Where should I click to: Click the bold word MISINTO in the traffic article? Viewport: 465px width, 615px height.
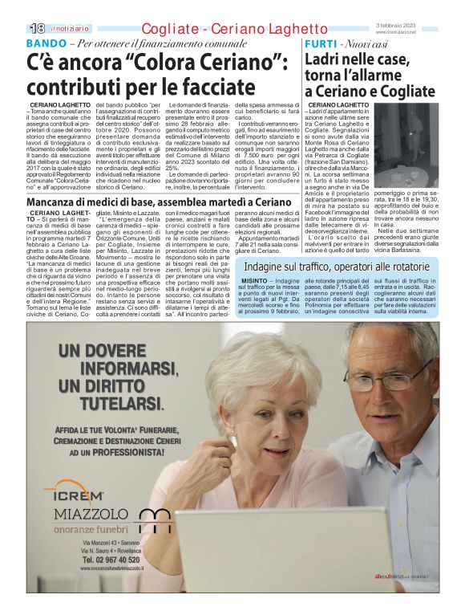tap(253, 281)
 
